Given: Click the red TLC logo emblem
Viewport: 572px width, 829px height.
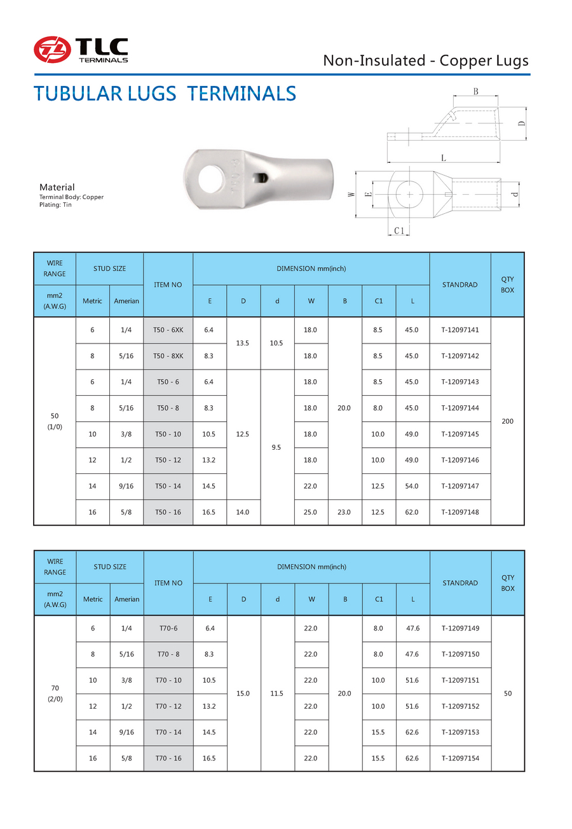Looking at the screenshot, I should click(x=52, y=50).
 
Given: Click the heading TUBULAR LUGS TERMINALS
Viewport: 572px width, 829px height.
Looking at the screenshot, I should click(x=165, y=94).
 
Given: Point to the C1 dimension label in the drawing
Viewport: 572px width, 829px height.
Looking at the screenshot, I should click(x=399, y=231).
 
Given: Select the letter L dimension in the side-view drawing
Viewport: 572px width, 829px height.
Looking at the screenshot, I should click(x=443, y=157).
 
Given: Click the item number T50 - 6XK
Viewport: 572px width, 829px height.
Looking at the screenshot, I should click(x=168, y=330).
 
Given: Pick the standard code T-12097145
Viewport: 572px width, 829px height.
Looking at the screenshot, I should click(x=460, y=435).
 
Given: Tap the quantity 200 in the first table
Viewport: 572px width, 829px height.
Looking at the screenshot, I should click(x=508, y=421).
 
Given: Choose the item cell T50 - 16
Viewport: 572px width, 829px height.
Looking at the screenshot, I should click(x=168, y=512).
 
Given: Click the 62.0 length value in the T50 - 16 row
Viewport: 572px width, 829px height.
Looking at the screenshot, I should click(x=412, y=512).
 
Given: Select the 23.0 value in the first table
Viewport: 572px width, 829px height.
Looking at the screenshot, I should click(x=344, y=512).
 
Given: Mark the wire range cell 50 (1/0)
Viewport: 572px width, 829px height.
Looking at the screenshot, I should click(x=55, y=421).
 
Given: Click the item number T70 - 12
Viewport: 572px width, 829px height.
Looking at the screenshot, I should click(x=168, y=707).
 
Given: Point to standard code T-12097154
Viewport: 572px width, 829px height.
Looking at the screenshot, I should click(x=460, y=758).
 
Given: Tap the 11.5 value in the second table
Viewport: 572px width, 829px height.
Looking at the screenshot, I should click(x=277, y=693).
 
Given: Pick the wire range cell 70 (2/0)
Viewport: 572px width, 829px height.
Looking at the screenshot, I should click(x=55, y=693).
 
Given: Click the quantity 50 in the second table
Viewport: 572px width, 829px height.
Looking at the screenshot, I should click(x=508, y=693).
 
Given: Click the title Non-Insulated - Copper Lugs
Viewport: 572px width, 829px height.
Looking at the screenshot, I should click(x=425, y=60).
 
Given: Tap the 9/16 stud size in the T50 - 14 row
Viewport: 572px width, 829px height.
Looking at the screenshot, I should click(x=126, y=486).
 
